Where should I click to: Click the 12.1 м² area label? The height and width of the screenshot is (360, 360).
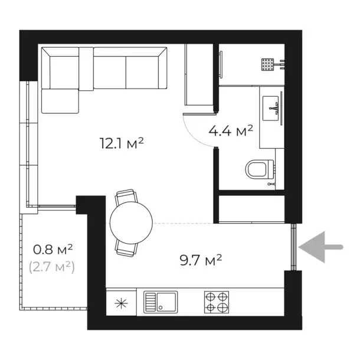[123, 143]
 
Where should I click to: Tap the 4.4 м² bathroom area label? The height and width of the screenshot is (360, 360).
[231, 130]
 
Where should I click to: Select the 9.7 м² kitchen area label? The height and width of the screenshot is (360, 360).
[201, 258]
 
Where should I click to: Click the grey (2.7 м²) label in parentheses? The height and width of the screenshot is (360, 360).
[51, 267]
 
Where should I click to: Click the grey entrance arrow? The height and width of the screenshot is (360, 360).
[321, 246]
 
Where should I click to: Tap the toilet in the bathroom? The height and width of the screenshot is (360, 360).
[258, 170]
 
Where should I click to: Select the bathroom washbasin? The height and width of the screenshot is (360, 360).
[271, 109]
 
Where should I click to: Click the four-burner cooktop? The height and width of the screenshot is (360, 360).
[217, 302]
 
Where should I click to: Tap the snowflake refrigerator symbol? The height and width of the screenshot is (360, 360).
[121, 303]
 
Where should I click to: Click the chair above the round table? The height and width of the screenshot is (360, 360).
[127, 196]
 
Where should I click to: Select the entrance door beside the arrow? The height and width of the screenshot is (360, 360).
[293, 247]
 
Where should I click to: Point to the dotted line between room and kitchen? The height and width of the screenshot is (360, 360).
[183, 223]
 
